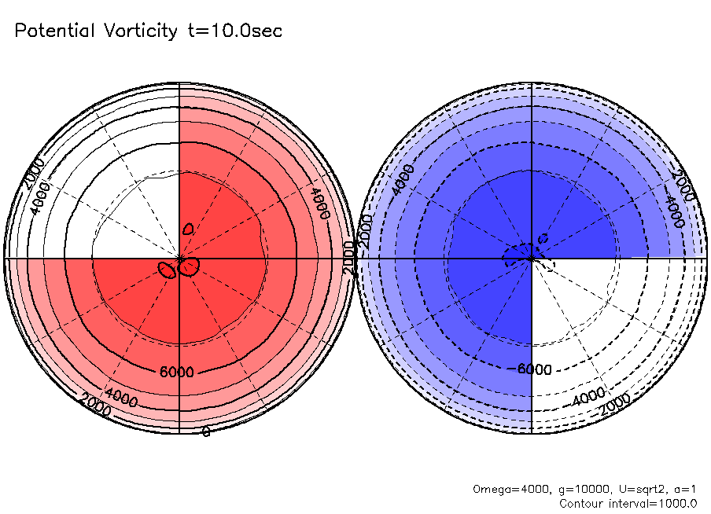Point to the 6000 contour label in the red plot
point(176,373)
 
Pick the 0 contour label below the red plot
point(206,431)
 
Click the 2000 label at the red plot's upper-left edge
point(33,172)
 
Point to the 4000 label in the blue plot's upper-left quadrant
point(403,179)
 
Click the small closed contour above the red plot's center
point(188,228)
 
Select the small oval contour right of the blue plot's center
point(543,238)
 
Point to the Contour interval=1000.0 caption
point(628,503)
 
